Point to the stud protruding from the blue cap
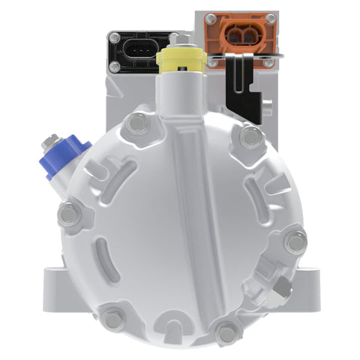point(52,140)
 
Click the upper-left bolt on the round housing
point(136,124)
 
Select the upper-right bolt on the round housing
point(252,136)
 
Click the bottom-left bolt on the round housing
point(114,319)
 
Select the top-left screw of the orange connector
point(211,18)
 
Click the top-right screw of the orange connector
point(270,18)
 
